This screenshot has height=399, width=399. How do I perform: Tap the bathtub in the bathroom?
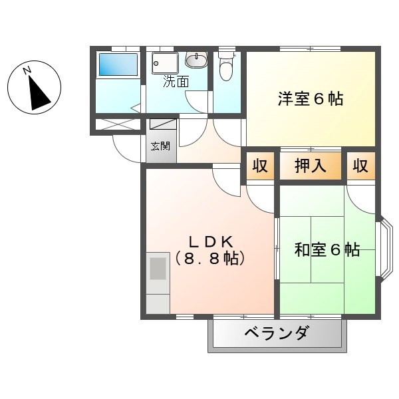click(117, 65)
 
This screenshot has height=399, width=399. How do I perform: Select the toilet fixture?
click(226, 66)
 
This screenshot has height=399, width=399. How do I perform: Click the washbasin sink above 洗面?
click(196, 61)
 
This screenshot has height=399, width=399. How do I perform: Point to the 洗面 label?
click(176, 82)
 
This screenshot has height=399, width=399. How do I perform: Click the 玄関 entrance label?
click(160, 146)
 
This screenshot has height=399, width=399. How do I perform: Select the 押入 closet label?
click(311, 166)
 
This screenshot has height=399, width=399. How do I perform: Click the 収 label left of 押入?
click(261, 166)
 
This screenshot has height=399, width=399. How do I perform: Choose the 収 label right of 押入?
click(360, 166)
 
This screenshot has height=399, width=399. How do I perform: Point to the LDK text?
click(209, 240)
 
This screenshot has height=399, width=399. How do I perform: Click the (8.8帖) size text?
click(209, 258)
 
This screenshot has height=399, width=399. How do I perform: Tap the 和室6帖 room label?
click(327, 249)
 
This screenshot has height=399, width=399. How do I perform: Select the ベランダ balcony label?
click(276, 333)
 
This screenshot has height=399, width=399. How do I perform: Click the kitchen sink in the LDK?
click(158, 269)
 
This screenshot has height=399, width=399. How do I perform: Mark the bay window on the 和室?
click(384, 249)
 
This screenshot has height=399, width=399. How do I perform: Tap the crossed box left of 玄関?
click(117, 124)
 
